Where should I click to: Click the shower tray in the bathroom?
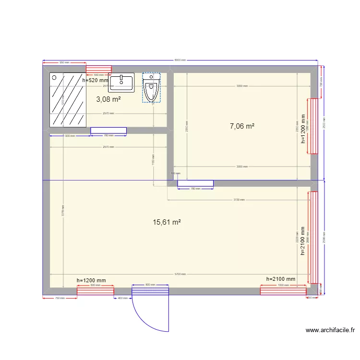click(x=68, y=99)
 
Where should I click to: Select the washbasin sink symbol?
click(x=121, y=83)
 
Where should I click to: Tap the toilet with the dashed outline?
click(x=151, y=88)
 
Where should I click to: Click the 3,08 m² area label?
click(x=108, y=99)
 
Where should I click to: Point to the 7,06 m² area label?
click(x=242, y=126)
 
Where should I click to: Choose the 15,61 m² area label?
click(x=167, y=222)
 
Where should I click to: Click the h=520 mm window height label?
click(x=96, y=81)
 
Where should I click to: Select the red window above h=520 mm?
click(x=99, y=69)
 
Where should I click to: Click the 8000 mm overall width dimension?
click(x=180, y=60)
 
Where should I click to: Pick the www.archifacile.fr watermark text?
click(x=331, y=330)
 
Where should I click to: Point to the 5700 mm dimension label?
click(x=180, y=274)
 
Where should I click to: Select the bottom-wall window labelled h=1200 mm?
click(x=96, y=290)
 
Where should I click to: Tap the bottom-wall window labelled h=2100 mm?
click(x=283, y=290)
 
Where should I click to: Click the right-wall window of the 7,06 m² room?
click(x=313, y=126)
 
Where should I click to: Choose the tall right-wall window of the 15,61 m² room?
click(x=313, y=237)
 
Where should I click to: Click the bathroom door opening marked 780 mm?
click(x=108, y=130)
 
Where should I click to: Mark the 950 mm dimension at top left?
click(x=64, y=62)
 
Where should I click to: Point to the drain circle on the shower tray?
click(x=54, y=77)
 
